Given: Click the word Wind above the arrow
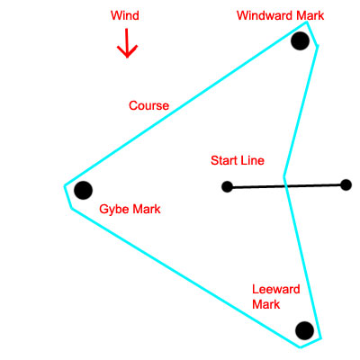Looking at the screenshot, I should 125,16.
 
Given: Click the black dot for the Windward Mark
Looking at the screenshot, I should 300,42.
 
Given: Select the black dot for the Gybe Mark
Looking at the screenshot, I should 83,190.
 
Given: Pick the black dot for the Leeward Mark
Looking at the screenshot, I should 304,330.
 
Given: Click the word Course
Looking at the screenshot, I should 148,105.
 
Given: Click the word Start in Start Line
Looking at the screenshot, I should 224,160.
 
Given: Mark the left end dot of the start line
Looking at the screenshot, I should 227,187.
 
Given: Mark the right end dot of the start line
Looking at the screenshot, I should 346,184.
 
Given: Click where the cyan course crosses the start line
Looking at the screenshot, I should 286,185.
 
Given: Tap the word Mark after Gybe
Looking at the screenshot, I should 147,209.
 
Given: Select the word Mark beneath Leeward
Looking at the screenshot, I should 266,306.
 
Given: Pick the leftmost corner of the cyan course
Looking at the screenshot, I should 65,186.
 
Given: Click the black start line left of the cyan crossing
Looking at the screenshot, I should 256,186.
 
